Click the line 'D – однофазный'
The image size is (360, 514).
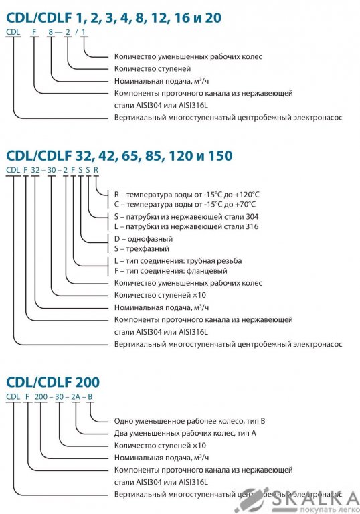click(x=143, y=239)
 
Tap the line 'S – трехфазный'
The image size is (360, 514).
click(x=142, y=249)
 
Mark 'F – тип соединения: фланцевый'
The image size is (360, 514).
click(x=171, y=271)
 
